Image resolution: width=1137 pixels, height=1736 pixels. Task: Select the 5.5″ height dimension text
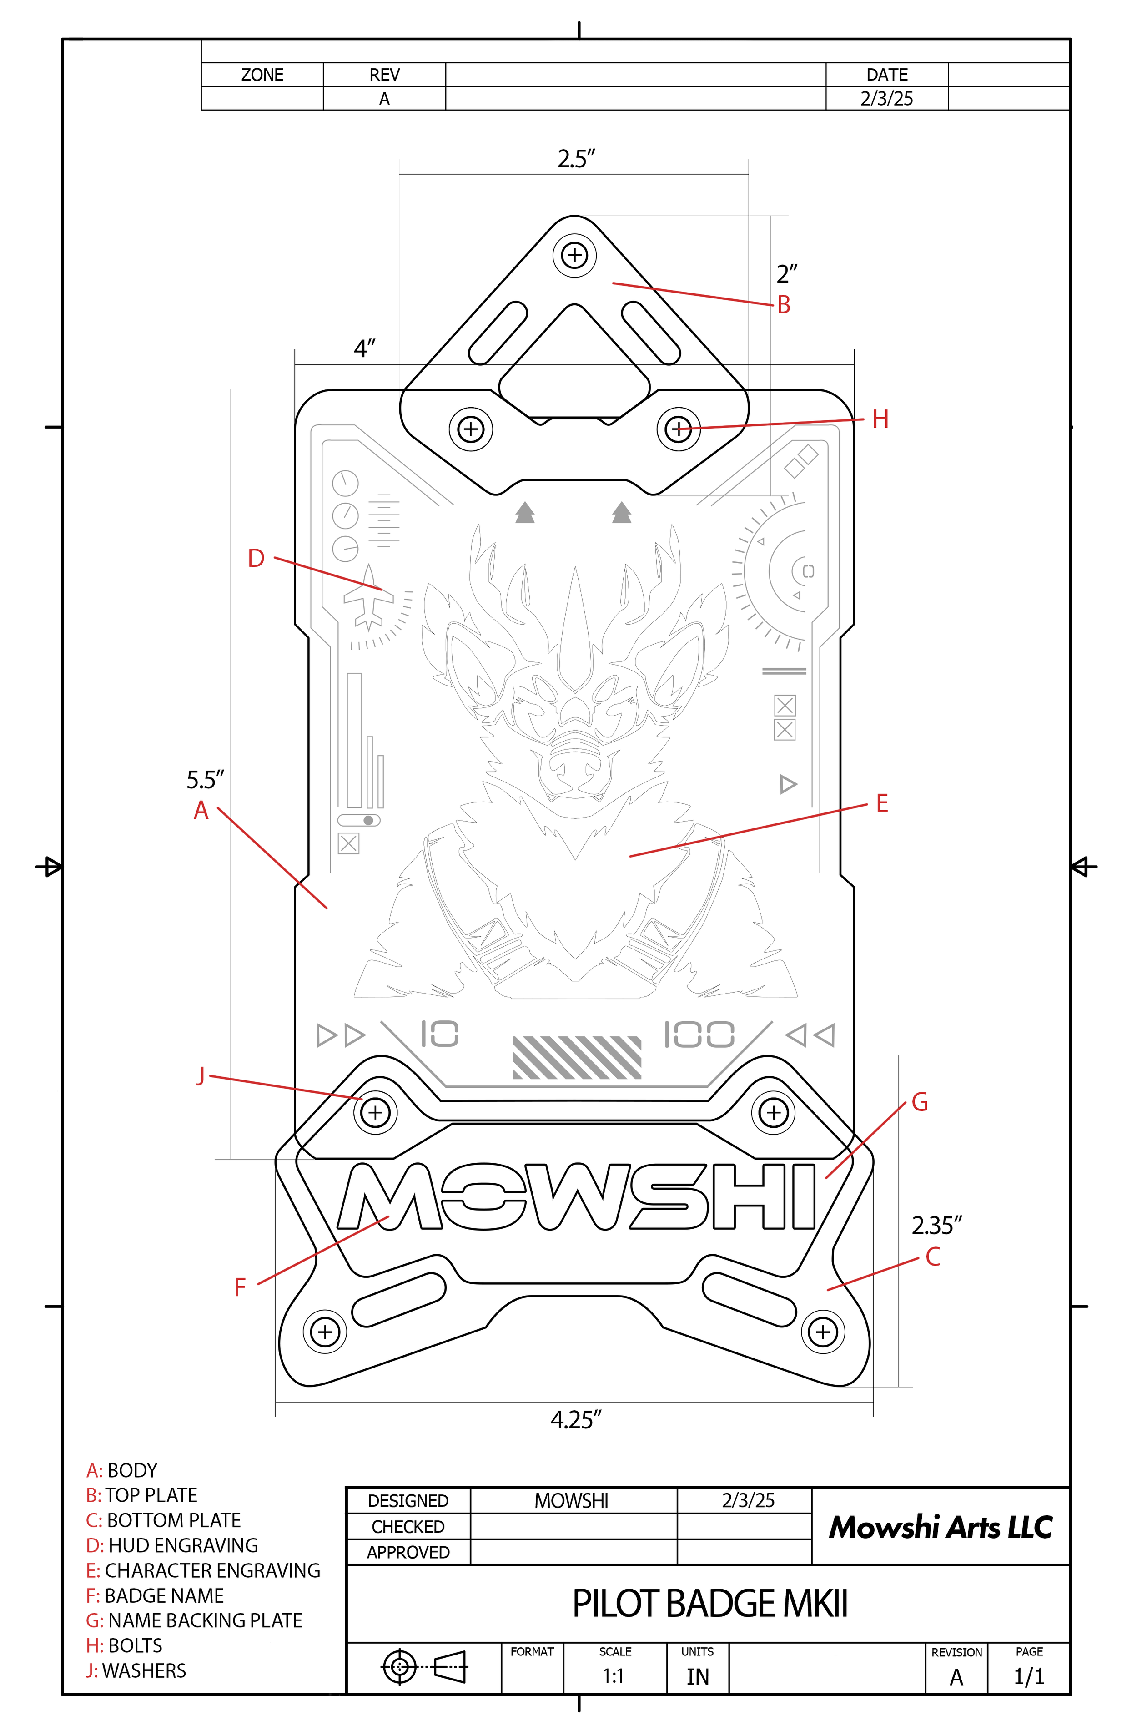coord(205,780)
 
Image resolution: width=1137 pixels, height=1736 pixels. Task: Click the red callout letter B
coord(783,305)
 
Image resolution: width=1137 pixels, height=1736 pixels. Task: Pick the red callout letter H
coord(880,419)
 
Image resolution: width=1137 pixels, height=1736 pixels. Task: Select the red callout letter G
coord(920,1102)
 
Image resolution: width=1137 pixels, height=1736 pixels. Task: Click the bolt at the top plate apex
coord(575,255)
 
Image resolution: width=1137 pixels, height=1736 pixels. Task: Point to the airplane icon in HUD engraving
coord(368,597)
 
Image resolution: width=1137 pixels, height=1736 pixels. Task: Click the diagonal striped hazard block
coord(577,1057)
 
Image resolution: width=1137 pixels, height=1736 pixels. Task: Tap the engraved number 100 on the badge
coord(699,1035)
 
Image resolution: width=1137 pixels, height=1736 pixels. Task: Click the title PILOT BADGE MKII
coord(709,1603)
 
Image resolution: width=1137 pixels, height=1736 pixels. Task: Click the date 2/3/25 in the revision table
coord(886,98)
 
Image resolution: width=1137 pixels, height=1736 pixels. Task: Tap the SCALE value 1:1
coord(614,1676)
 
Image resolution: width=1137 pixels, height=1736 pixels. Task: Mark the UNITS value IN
coord(697,1677)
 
